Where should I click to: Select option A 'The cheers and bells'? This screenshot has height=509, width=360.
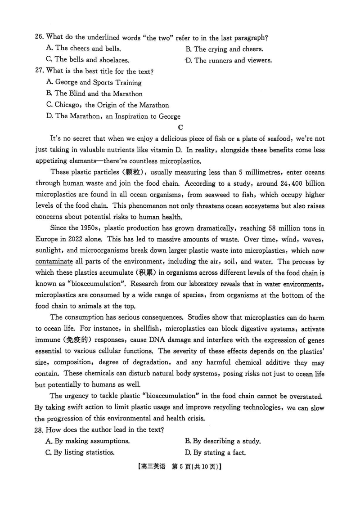[83, 49]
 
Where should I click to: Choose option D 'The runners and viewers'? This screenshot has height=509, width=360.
[229, 60]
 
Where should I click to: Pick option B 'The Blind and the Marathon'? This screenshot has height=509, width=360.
[94, 94]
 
